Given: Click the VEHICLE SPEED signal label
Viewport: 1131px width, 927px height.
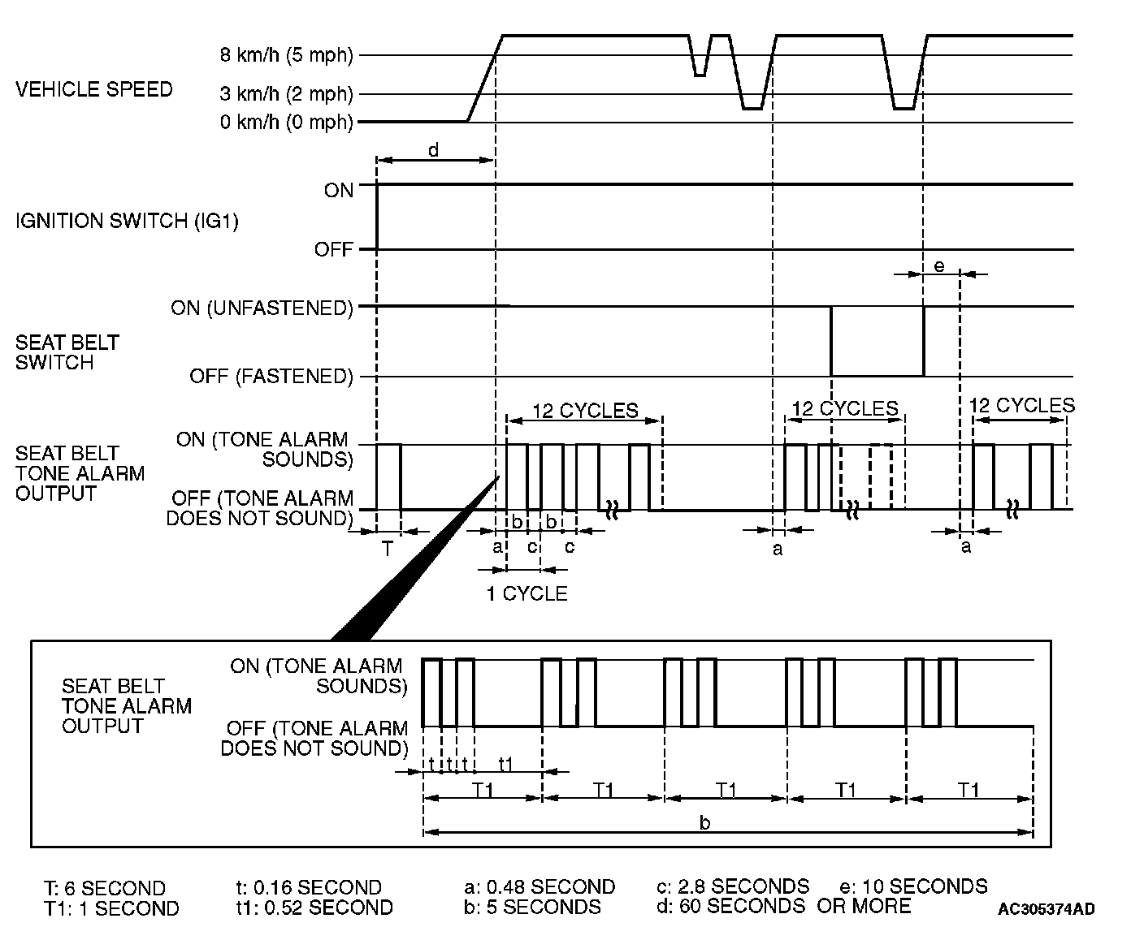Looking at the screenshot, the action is point(94,89).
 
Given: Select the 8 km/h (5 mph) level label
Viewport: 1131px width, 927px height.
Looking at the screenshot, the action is point(287,56).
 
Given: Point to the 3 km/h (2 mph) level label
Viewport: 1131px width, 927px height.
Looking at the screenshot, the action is point(287,94).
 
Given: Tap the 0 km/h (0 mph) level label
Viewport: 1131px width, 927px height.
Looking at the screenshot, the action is point(287,123).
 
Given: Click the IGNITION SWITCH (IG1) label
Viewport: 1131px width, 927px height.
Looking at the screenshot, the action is point(127,221).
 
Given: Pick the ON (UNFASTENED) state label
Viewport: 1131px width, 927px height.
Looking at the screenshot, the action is point(262,308).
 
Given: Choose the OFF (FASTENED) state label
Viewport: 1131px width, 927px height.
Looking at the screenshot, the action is point(271,377).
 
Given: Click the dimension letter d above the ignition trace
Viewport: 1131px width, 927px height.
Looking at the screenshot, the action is point(434,149).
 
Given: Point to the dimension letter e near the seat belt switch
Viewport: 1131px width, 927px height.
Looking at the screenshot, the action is point(939,265).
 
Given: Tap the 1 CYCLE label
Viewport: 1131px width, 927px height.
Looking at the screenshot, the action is point(526,593).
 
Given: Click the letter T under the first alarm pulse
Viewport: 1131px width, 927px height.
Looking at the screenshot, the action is point(388,550).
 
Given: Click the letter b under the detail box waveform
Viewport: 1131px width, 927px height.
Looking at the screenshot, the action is point(705,822).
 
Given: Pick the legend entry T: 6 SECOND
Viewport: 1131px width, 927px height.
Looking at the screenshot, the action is point(105,888).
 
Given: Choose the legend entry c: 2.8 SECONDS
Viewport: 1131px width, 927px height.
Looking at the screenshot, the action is point(733,886).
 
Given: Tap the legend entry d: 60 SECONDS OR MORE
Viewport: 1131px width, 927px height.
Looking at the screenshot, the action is point(783,905).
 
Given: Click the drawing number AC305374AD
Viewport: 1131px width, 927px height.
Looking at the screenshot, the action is point(1046,908).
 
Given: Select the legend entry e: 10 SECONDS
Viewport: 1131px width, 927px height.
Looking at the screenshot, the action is point(913,886).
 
